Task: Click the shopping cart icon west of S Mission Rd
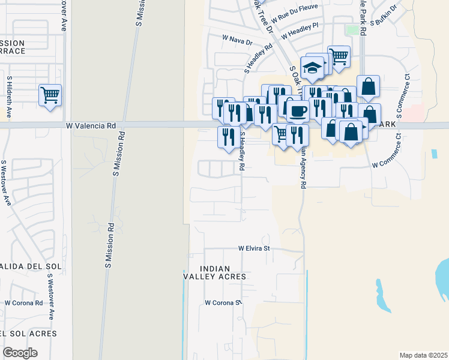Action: point(50,95)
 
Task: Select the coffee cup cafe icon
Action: point(298,110)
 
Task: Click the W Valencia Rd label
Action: point(91,126)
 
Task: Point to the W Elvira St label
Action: point(255,248)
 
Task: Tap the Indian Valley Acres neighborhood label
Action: point(215,272)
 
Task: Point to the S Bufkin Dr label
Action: point(384,15)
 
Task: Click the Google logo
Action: point(20,353)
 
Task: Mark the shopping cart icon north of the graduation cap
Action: point(339,57)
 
